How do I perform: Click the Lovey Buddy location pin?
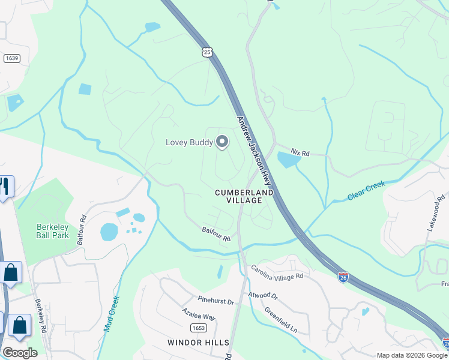click(222, 142)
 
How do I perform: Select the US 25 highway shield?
click(207, 53)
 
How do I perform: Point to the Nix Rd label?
click(300, 154)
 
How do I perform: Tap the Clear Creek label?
click(366, 191)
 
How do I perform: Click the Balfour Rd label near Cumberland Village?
click(216, 234)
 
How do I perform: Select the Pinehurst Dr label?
click(215, 301)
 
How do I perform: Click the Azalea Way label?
click(199, 316)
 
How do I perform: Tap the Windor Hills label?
click(198, 342)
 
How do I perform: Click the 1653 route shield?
click(198, 328)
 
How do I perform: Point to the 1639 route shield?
click(11, 58)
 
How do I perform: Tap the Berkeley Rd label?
click(41, 316)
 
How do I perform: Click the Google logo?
click(20, 353)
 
